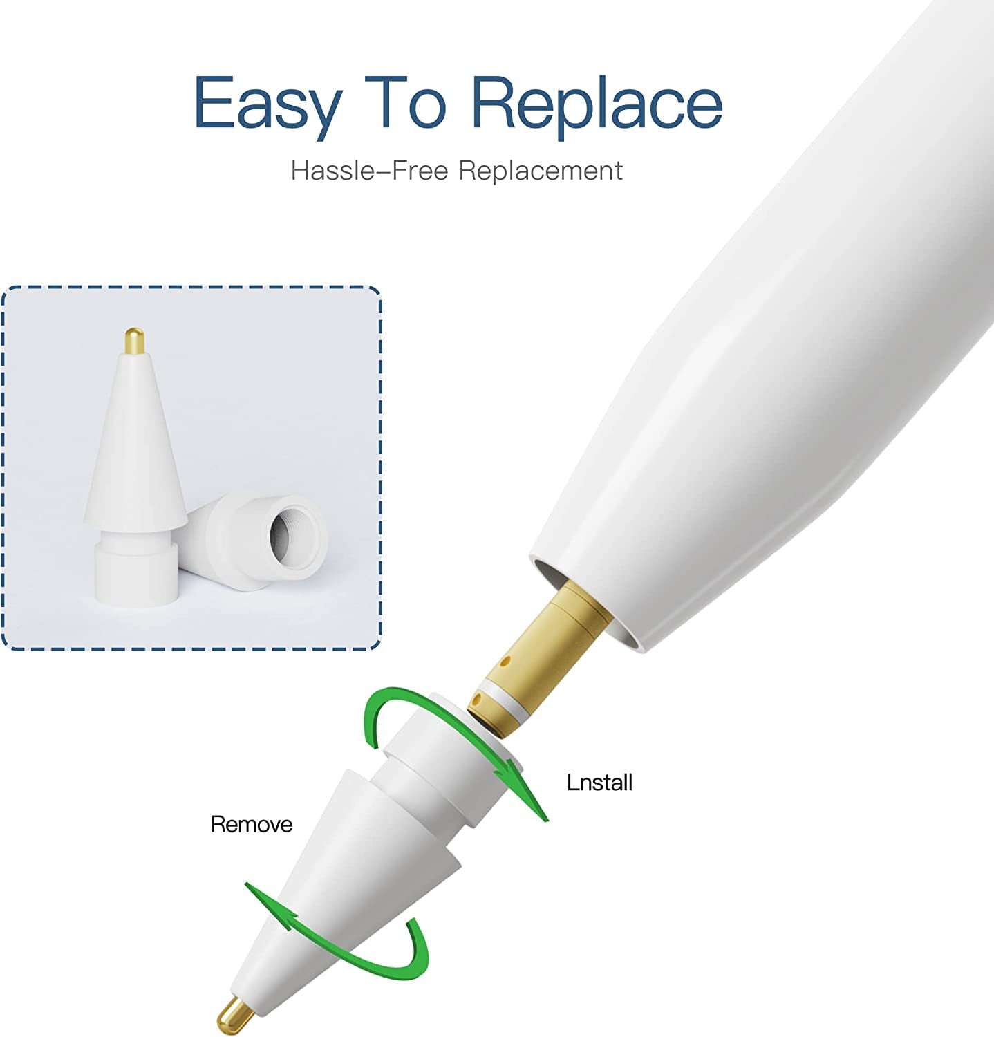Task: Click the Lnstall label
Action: tap(599, 783)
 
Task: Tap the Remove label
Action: tap(251, 824)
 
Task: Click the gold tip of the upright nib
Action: tap(135, 341)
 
